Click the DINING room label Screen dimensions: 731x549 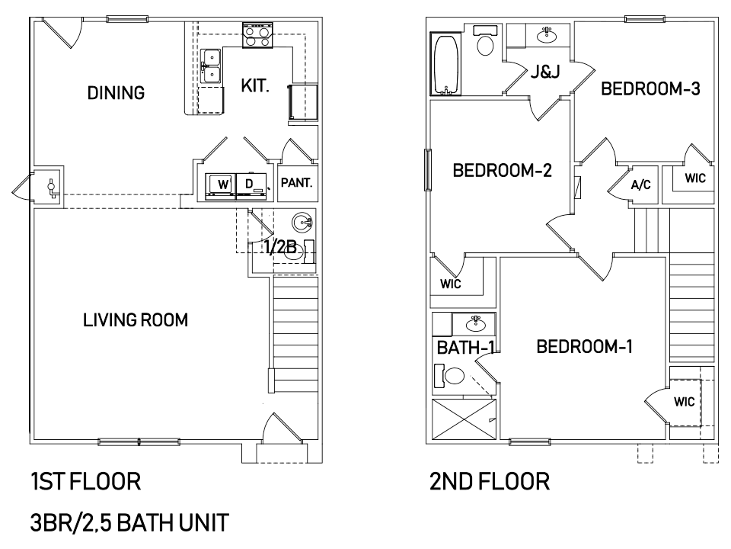pos(116,93)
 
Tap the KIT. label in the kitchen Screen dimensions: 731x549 pos(255,86)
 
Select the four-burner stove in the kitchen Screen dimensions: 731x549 pos(257,36)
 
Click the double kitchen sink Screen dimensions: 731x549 pos(211,66)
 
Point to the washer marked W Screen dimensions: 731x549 pos(221,186)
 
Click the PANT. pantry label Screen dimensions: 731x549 pos(296,182)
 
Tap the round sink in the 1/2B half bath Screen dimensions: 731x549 pos(302,223)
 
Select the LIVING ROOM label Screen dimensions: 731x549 pos(136,320)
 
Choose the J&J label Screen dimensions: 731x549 pos(545,72)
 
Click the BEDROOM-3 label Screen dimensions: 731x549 pos(650,88)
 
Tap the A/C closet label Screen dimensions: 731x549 pos(640,185)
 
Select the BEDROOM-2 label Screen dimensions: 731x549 pos(502,170)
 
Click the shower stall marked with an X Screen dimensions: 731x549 pos(464,419)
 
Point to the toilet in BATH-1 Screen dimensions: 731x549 pos(450,376)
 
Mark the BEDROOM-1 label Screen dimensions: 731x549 pos(584,347)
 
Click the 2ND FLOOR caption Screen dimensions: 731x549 pos(490,482)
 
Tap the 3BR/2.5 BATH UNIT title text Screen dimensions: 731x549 pos(129,523)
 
